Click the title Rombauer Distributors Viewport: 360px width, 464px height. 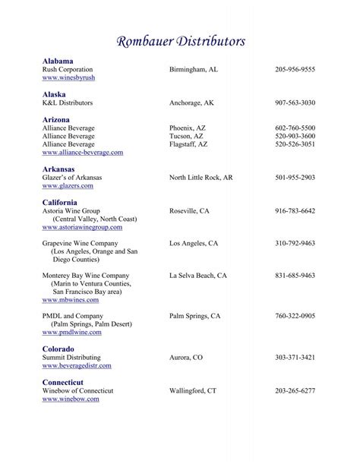(180, 41)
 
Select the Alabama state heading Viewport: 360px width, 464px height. (58, 60)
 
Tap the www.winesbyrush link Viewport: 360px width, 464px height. (68, 77)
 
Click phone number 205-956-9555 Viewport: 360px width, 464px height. (295, 69)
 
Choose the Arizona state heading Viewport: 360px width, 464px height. (56, 119)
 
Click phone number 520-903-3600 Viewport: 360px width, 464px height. (295, 136)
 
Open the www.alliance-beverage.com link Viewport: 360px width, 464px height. (83, 152)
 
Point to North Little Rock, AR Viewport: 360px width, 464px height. (201, 177)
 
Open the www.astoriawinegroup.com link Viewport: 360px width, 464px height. (82, 226)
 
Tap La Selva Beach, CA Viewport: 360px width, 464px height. (198, 276)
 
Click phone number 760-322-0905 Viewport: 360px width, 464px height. (295, 315)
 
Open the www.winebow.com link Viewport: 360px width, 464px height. (69, 399)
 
